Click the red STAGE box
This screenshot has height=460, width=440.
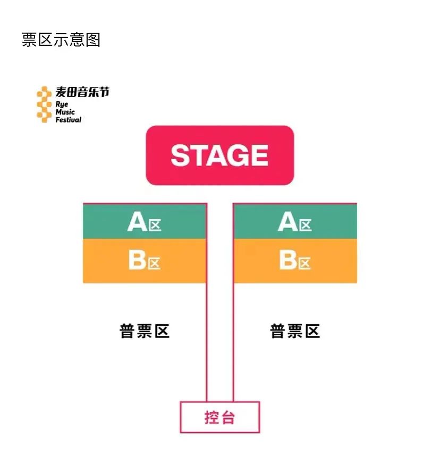[x=219, y=155]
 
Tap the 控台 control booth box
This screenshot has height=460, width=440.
[x=219, y=417]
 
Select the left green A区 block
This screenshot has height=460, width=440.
[x=145, y=222]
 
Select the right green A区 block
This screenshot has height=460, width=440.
[x=295, y=222]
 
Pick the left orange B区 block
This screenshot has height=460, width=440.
[x=145, y=261]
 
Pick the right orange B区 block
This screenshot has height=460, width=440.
[x=295, y=261]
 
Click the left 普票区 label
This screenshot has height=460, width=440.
[x=145, y=331]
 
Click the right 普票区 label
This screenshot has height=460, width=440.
[x=295, y=331]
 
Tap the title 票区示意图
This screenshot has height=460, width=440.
[x=61, y=40]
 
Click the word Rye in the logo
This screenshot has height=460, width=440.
[x=62, y=104]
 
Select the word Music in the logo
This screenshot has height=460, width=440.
[x=65, y=112]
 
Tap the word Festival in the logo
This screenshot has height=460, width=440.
[x=69, y=120]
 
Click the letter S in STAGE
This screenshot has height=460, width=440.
[x=181, y=155]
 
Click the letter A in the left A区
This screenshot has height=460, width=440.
[x=137, y=222]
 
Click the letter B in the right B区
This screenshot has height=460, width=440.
[x=287, y=261]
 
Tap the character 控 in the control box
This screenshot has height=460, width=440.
[x=212, y=418]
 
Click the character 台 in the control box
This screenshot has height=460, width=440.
[x=227, y=418]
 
